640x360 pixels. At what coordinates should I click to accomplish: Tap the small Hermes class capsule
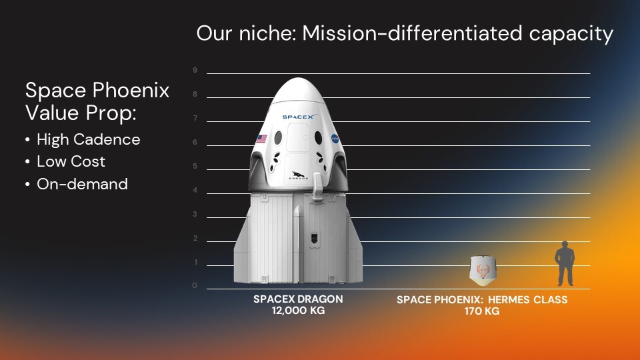485,269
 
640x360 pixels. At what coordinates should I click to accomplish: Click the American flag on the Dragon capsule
261,139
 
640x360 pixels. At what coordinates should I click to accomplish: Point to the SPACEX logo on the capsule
297,117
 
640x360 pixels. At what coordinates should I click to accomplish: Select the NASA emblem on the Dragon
335,139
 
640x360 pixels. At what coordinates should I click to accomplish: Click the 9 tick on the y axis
195,70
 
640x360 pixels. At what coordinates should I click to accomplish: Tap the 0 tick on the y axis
195,286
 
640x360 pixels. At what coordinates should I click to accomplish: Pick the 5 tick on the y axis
195,166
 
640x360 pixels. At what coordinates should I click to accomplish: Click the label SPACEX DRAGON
297,299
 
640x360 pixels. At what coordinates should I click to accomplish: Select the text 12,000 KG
298,311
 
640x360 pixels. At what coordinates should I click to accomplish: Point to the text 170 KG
482,311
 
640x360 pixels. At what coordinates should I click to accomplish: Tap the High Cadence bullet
88,139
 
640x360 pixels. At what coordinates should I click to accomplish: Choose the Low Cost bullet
71,161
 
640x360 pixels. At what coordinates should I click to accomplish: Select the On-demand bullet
82,184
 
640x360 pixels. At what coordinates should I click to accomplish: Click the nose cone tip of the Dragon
297,80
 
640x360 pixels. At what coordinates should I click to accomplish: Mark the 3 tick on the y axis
195,214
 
